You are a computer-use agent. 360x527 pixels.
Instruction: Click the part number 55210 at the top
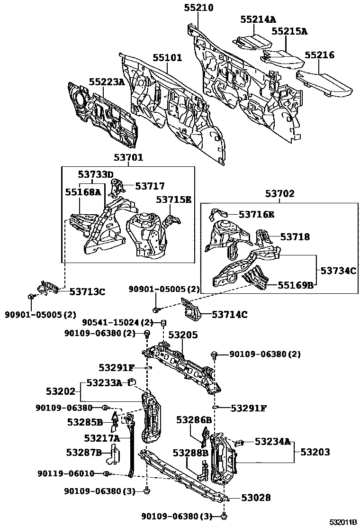198,8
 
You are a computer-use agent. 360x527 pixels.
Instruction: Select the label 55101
167,58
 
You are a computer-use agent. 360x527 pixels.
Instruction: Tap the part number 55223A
107,82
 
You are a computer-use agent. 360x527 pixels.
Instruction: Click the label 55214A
258,19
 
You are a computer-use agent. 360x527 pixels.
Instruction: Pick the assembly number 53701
128,157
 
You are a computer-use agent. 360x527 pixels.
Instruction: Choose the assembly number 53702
279,193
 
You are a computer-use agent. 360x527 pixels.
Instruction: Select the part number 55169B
296,285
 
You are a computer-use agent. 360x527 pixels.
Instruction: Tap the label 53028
256,497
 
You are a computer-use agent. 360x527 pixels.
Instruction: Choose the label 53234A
272,442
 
